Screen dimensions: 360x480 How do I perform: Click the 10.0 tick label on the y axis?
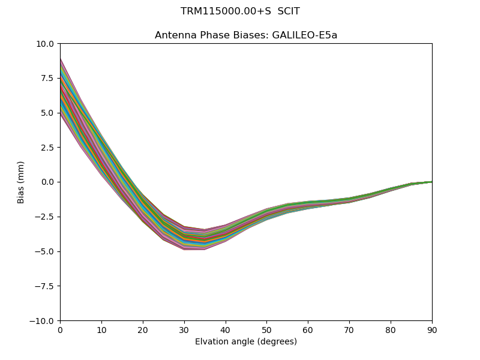(46, 44)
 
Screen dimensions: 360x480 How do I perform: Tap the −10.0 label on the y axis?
(44, 320)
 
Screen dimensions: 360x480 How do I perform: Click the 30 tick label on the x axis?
(184, 329)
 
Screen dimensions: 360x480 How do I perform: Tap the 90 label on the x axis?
(432, 329)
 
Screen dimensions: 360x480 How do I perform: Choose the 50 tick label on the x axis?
(266, 329)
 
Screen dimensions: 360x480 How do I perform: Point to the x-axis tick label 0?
(60, 329)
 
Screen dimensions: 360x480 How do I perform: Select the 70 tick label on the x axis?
(349, 329)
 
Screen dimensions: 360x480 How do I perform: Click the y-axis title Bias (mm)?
(21, 182)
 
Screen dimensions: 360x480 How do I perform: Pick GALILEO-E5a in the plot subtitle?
(305, 35)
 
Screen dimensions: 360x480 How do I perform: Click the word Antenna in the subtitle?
(173, 35)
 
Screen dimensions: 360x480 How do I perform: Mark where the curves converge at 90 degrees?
(431, 181)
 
